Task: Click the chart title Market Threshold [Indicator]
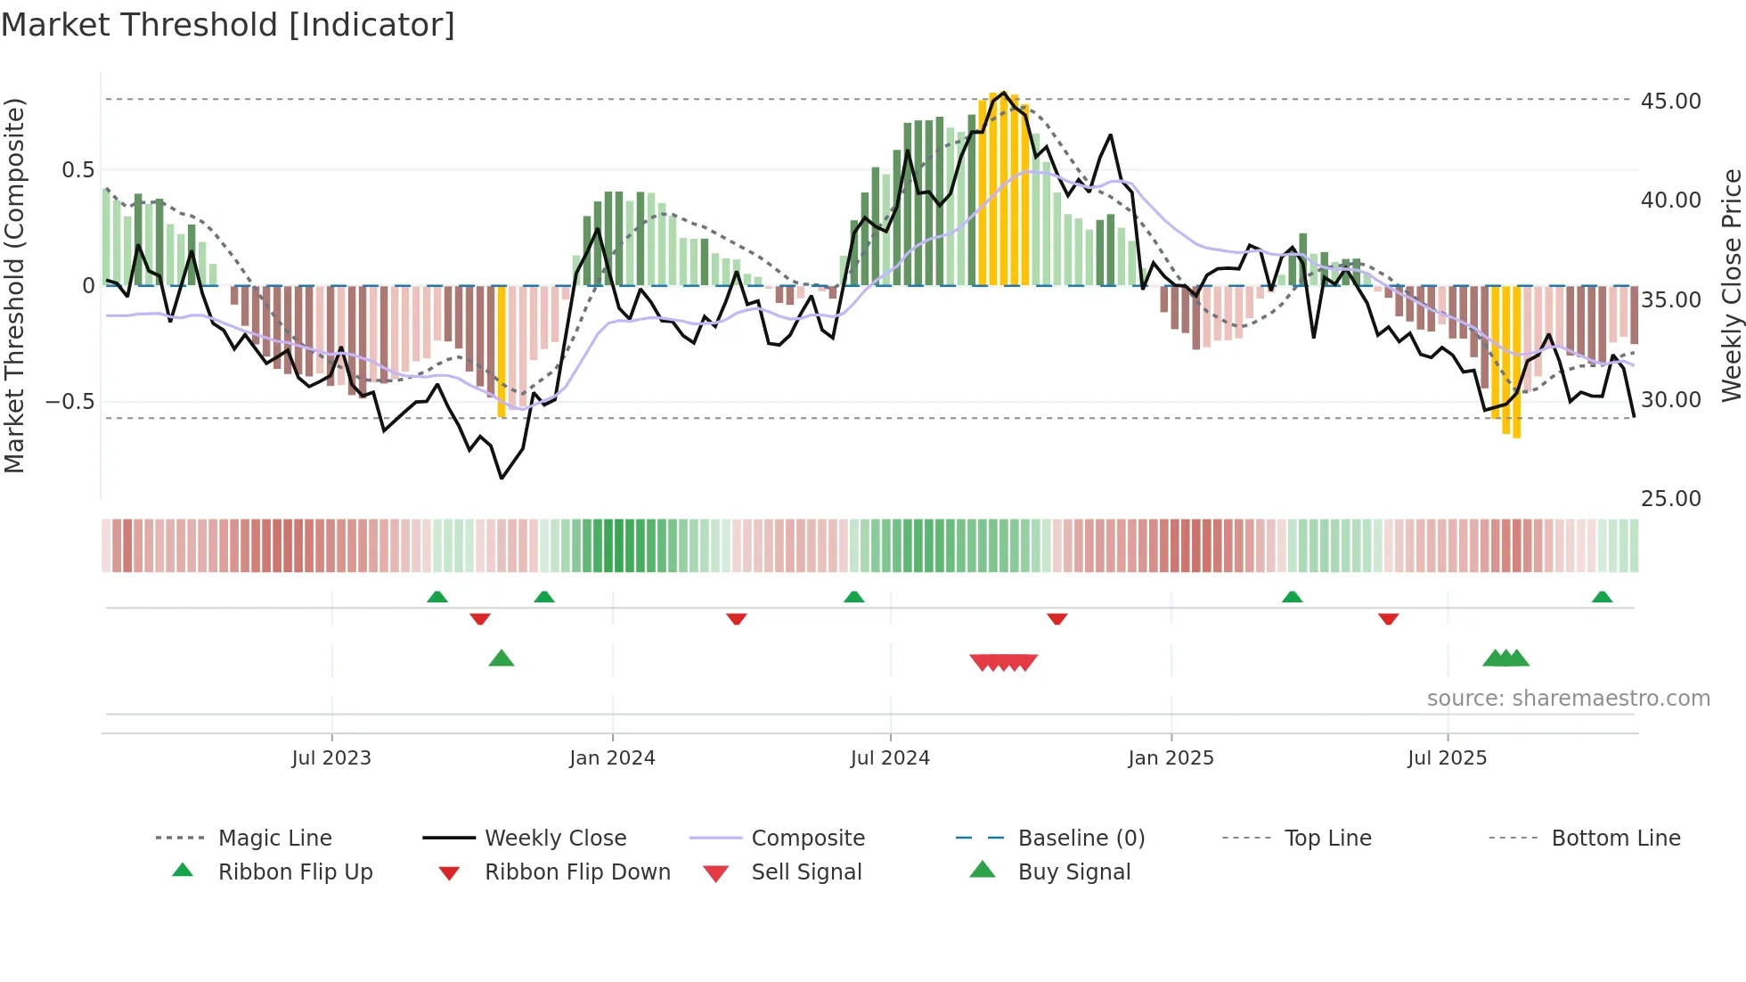(x=228, y=25)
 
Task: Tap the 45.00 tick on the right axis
(x=1670, y=102)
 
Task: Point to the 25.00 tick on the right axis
(x=1670, y=499)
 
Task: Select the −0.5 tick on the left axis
(x=69, y=402)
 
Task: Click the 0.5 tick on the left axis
(x=78, y=170)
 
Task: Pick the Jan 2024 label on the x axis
(x=612, y=758)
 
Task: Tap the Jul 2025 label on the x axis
(x=1447, y=758)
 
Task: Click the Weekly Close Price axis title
(x=1731, y=285)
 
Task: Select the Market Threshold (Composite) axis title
(x=14, y=285)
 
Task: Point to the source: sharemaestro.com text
(x=1568, y=699)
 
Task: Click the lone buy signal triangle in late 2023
(x=502, y=659)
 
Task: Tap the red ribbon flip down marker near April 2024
(x=736, y=618)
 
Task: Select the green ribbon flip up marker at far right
(x=1602, y=597)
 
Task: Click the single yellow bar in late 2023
(x=502, y=352)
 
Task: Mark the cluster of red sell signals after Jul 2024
(x=1003, y=662)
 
